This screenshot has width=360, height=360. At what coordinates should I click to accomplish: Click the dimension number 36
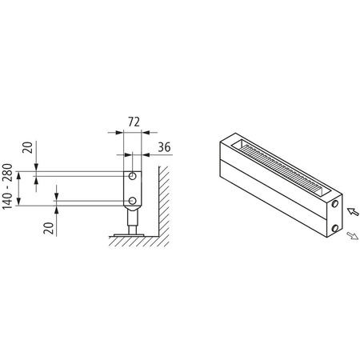point(163,146)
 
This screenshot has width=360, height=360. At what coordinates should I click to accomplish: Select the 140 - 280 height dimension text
point(9,187)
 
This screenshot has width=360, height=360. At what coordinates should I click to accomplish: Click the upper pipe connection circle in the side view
point(132,174)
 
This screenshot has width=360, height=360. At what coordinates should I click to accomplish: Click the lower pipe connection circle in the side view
point(132,201)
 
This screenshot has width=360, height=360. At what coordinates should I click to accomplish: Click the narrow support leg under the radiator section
point(131,220)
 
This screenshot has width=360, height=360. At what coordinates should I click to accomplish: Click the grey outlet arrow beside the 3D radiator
point(352,237)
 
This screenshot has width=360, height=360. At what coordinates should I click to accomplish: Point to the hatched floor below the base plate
point(132,242)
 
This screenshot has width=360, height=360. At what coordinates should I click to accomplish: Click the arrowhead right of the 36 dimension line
point(148,154)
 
